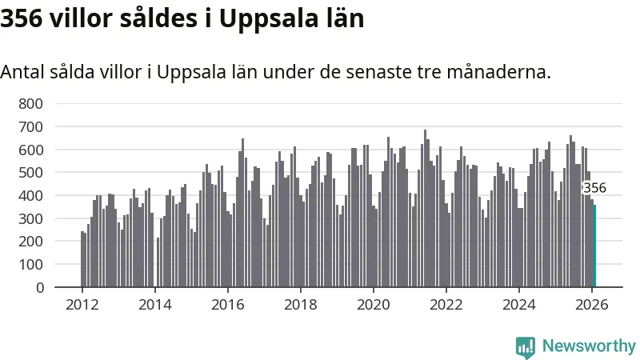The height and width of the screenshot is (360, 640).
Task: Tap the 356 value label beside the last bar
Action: click(x=594, y=189)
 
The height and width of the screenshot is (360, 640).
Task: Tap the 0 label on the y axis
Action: click(x=39, y=287)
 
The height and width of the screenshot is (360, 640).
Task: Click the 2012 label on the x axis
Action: click(x=82, y=304)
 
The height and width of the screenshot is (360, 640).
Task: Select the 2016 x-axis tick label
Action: click(x=227, y=304)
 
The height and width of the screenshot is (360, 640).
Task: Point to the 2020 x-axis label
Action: click(x=373, y=304)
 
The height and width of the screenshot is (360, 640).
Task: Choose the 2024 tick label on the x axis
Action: click(x=518, y=304)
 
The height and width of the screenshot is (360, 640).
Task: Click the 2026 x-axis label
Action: click(x=591, y=304)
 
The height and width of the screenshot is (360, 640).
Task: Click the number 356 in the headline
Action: click(x=22, y=18)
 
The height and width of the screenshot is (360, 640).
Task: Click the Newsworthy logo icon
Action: click(x=526, y=346)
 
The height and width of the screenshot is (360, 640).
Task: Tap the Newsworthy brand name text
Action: click(x=589, y=346)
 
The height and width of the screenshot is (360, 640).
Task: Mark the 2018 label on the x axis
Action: click(x=300, y=304)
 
